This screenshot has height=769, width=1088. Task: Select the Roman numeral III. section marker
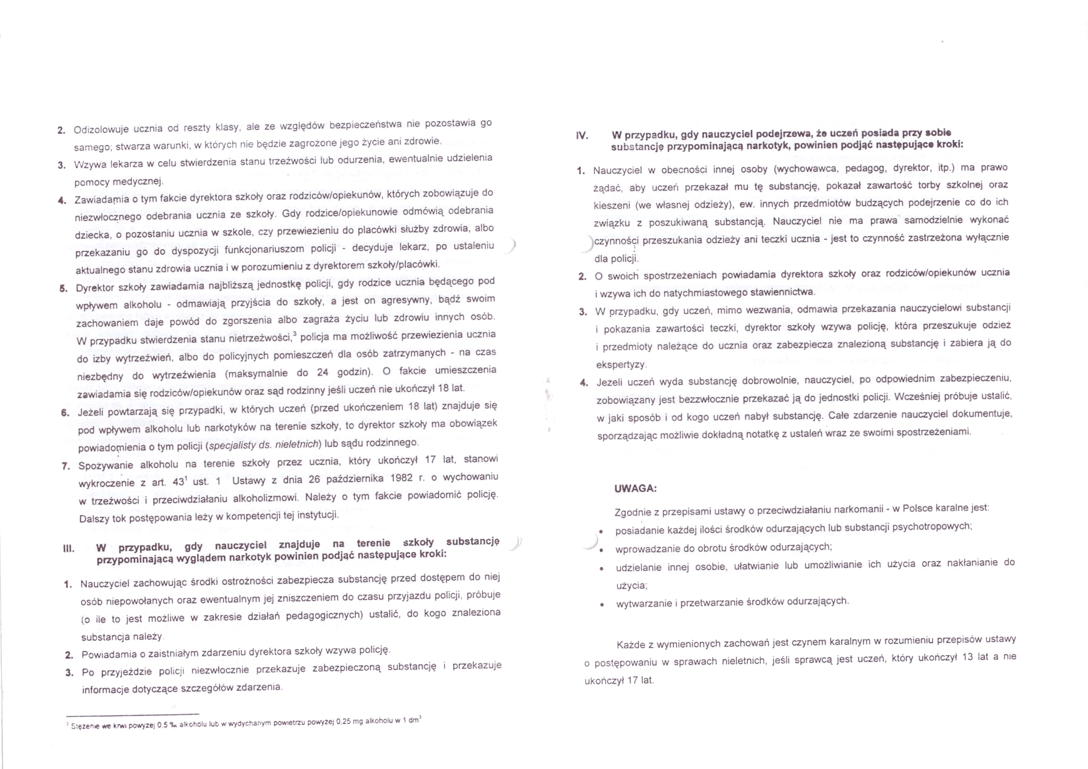point(69,549)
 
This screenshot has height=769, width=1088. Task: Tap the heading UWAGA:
point(635,488)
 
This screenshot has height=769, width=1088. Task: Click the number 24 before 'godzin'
point(322,373)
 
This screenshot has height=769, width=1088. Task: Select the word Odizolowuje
point(101,130)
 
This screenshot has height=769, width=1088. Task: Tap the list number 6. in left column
point(65,413)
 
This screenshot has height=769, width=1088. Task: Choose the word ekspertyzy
point(621,364)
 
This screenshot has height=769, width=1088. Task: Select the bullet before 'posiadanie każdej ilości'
point(601,531)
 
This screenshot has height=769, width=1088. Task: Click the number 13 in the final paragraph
point(967,657)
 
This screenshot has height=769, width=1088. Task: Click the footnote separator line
point(132,714)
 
